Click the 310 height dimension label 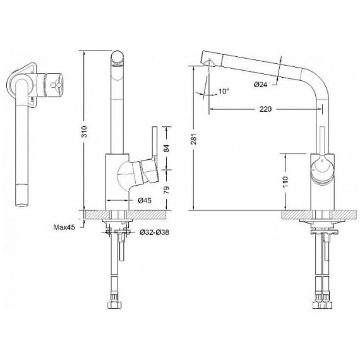85,131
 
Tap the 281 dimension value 195,139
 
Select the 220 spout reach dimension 265,109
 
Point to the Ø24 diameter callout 261,85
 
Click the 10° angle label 224,92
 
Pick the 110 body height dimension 285,182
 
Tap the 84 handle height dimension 167,148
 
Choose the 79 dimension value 167,190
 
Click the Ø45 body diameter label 145,200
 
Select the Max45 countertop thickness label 64,227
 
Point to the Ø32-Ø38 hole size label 155,232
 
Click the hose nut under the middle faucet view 114,305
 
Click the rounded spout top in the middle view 117,58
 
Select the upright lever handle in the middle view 154,142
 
